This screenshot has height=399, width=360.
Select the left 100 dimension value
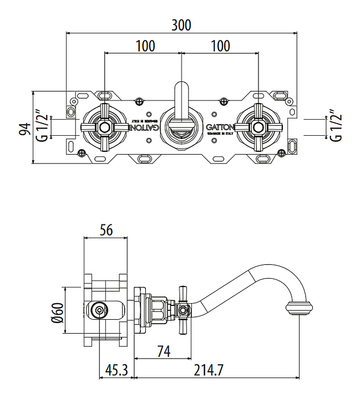coord(145,45)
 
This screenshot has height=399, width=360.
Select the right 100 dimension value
coord(221,45)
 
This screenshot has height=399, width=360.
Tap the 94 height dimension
coord(24,129)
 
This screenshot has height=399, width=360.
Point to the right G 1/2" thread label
coord(334,127)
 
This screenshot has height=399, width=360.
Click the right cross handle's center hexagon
coord(258,127)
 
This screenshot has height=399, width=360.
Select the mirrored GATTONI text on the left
coord(143,127)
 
